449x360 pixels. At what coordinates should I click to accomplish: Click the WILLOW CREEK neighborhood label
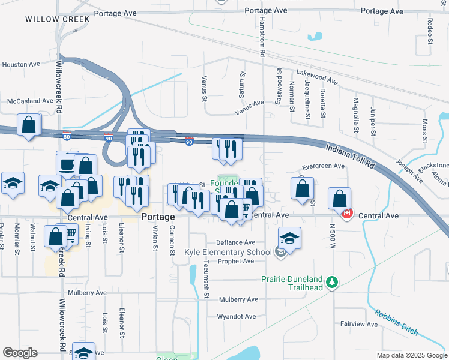coord(58,19)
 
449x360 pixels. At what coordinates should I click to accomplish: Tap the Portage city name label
coord(158,217)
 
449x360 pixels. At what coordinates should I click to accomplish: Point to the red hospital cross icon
coord(346,213)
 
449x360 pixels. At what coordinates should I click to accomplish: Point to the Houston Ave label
coord(21,64)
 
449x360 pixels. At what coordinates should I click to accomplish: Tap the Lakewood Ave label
coord(317,76)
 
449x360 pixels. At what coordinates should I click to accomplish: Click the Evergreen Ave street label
coord(323,166)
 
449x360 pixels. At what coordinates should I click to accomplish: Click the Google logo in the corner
coord(20,353)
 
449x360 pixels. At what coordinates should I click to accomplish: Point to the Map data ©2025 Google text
coord(411,355)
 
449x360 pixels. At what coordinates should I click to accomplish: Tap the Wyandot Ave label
coord(237,316)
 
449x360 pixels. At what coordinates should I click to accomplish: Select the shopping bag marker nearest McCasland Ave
coord(29,126)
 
